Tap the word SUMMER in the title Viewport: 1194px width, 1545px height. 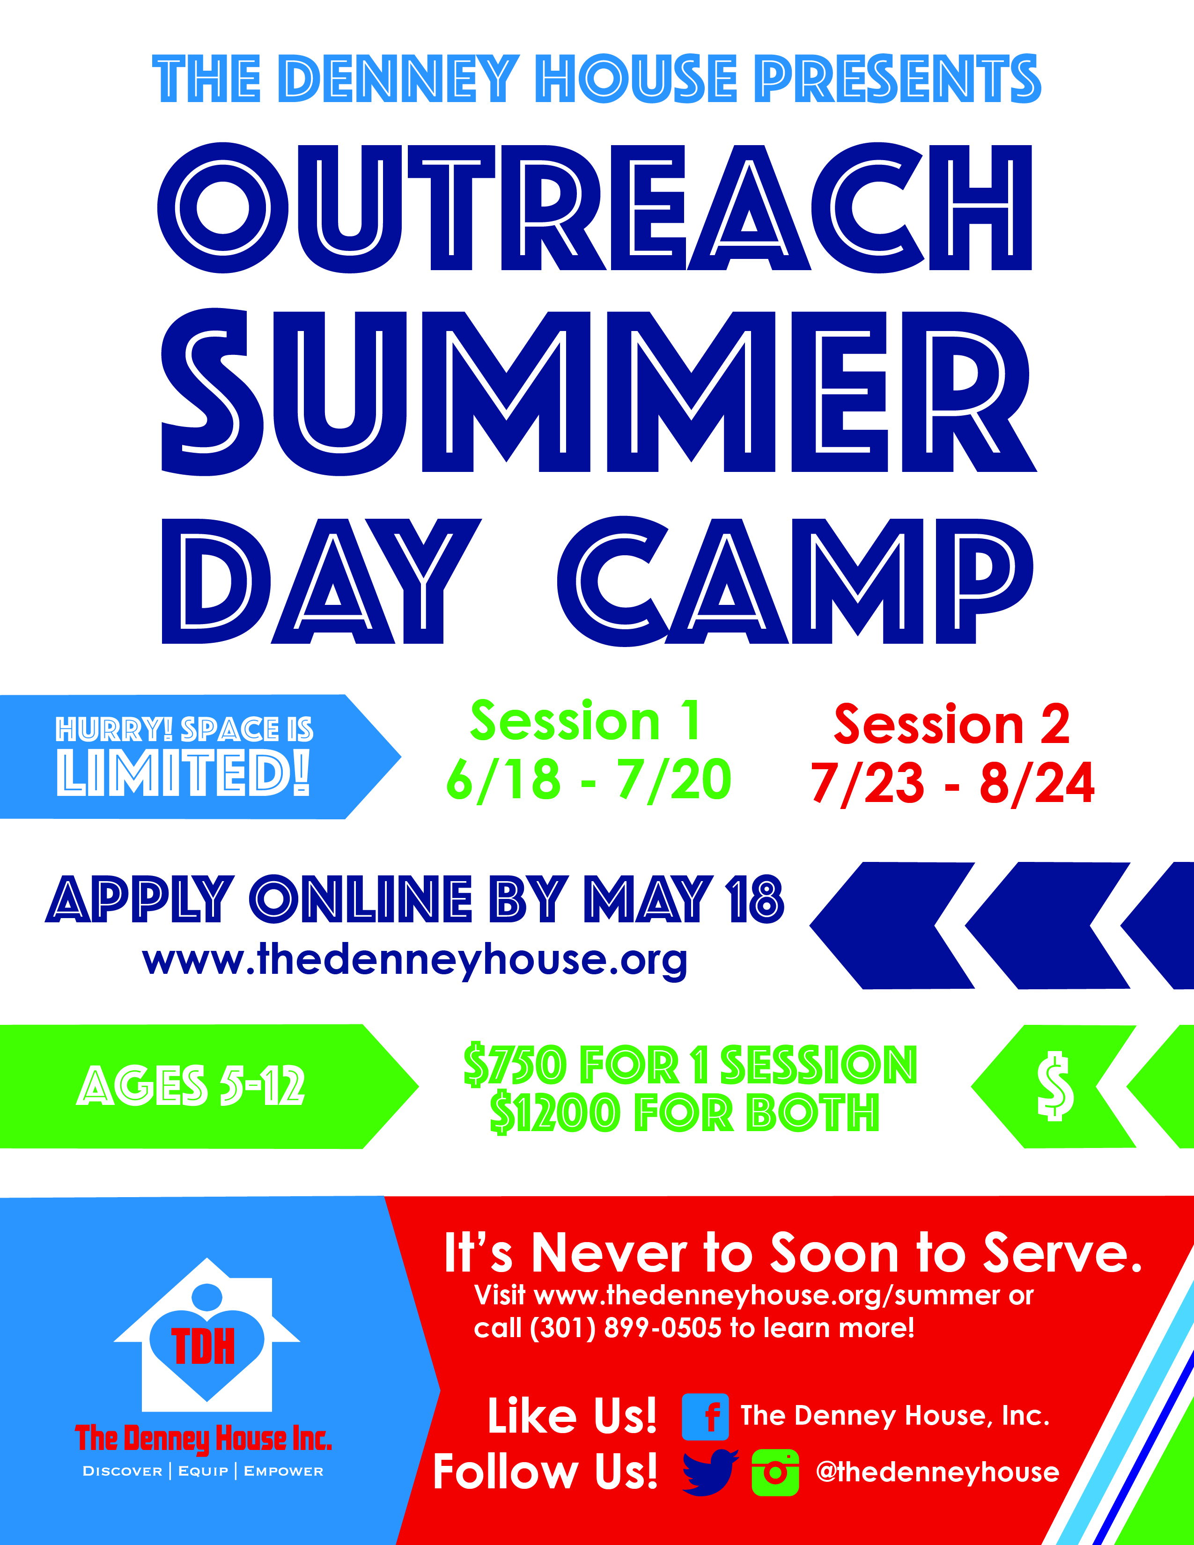tap(598, 391)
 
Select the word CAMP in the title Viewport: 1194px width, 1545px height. tap(795, 581)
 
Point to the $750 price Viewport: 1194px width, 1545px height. tap(516, 1065)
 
